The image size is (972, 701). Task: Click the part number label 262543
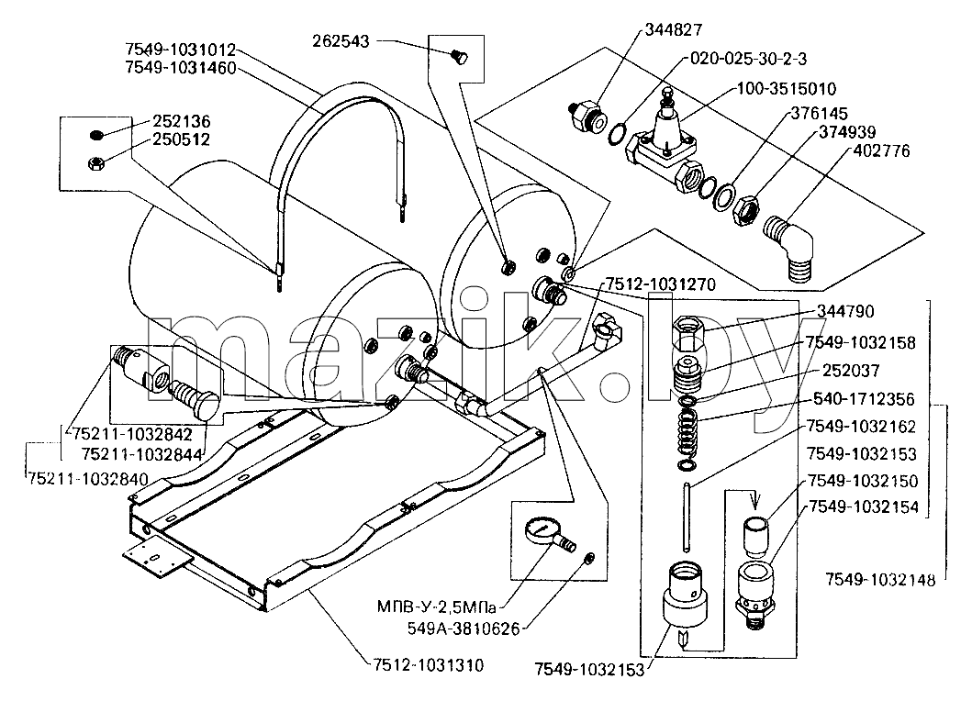341,41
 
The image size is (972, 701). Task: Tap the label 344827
673,29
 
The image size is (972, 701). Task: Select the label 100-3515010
786,89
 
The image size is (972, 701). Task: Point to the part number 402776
881,151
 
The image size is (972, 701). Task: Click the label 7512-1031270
660,284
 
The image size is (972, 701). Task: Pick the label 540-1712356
864,398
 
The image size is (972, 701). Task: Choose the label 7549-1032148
879,580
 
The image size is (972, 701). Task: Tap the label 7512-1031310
429,665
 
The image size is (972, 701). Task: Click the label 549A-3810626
464,629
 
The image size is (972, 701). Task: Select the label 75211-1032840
87,479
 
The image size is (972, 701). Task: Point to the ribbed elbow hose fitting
788,248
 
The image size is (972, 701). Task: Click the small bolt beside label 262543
459,57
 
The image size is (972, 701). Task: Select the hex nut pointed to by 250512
96,163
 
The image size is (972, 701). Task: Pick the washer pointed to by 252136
95,135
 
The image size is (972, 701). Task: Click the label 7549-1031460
181,68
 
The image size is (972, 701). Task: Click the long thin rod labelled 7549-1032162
687,517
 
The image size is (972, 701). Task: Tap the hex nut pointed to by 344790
688,333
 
